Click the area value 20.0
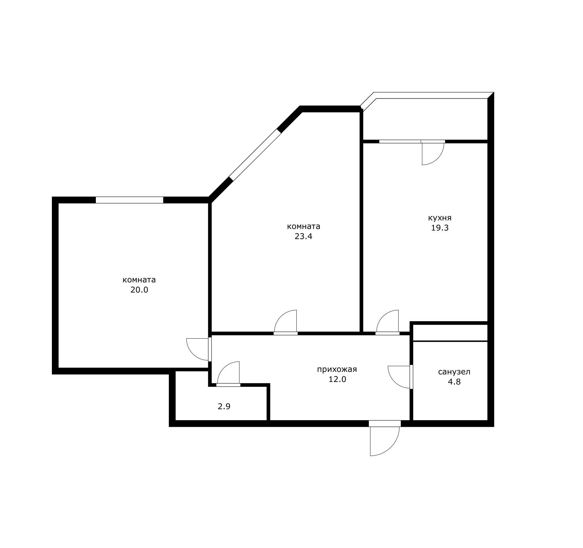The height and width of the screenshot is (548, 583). coord(139,290)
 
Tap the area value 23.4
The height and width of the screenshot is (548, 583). coord(303,236)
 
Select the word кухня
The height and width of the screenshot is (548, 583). coord(440,218)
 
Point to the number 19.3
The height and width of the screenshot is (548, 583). coord(440,228)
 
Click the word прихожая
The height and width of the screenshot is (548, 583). coord(337,369)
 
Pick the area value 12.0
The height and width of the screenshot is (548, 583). coord(337,379)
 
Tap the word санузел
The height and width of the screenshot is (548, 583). coord(454,372)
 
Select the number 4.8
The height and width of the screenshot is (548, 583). coord(454,382)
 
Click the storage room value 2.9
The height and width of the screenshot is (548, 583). coord(224,406)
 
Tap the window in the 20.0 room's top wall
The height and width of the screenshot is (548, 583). coord(129,200)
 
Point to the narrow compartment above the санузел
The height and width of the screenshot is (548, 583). coord(450,333)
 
